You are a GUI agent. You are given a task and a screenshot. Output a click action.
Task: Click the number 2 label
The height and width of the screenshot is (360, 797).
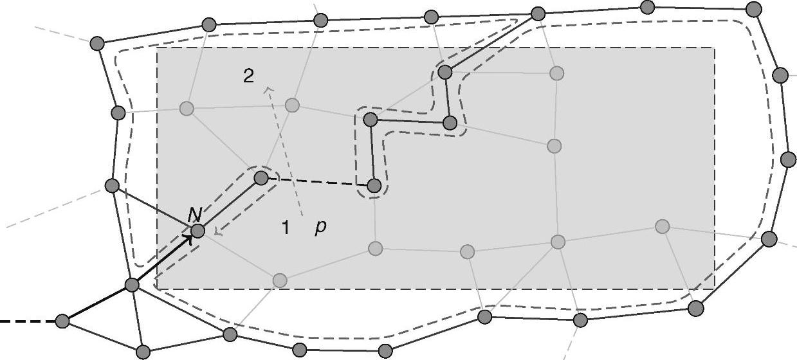[248, 76]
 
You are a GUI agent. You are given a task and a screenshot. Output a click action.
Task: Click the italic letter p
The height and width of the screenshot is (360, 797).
[320, 228]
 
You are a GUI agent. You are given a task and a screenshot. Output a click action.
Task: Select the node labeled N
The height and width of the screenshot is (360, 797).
[197, 231]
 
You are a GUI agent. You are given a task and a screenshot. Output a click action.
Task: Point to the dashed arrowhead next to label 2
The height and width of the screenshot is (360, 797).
[268, 91]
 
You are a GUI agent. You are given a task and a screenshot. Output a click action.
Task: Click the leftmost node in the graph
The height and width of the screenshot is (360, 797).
[62, 321]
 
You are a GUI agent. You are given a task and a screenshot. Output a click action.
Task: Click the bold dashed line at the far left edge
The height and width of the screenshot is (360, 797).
[26, 321]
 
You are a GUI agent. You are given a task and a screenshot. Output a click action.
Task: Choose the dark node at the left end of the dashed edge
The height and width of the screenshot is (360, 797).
[261, 177]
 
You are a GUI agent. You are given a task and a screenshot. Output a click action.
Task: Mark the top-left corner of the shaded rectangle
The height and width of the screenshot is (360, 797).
[158, 48]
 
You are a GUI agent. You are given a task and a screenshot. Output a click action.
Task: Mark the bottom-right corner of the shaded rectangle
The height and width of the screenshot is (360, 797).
[714, 289]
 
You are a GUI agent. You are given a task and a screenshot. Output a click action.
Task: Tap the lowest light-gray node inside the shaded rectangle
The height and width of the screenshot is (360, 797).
[279, 280]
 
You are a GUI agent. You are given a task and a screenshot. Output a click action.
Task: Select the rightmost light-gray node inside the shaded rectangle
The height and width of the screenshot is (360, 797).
[662, 226]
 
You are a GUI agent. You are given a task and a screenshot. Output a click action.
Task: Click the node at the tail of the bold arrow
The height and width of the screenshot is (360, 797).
[132, 285]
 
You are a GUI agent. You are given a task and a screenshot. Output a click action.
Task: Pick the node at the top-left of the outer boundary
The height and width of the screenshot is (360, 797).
[96, 43]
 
